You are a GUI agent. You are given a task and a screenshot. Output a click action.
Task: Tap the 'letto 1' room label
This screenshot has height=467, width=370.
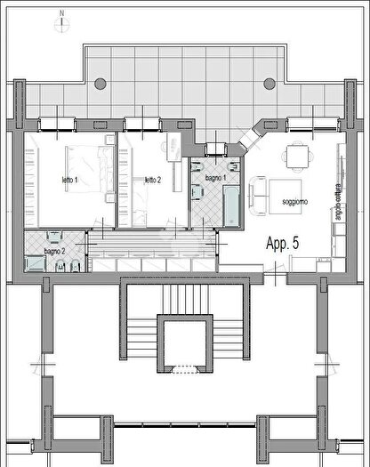[x=69, y=181]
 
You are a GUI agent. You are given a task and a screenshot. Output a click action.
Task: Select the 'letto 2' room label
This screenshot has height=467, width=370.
[x=153, y=181]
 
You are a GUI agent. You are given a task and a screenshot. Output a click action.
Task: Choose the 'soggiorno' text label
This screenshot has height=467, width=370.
[x=295, y=203]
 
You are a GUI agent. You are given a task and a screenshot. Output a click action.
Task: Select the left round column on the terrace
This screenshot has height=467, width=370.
[x=98, y=82]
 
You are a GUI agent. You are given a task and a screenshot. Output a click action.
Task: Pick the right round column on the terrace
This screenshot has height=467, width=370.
[x=269, y=82]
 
